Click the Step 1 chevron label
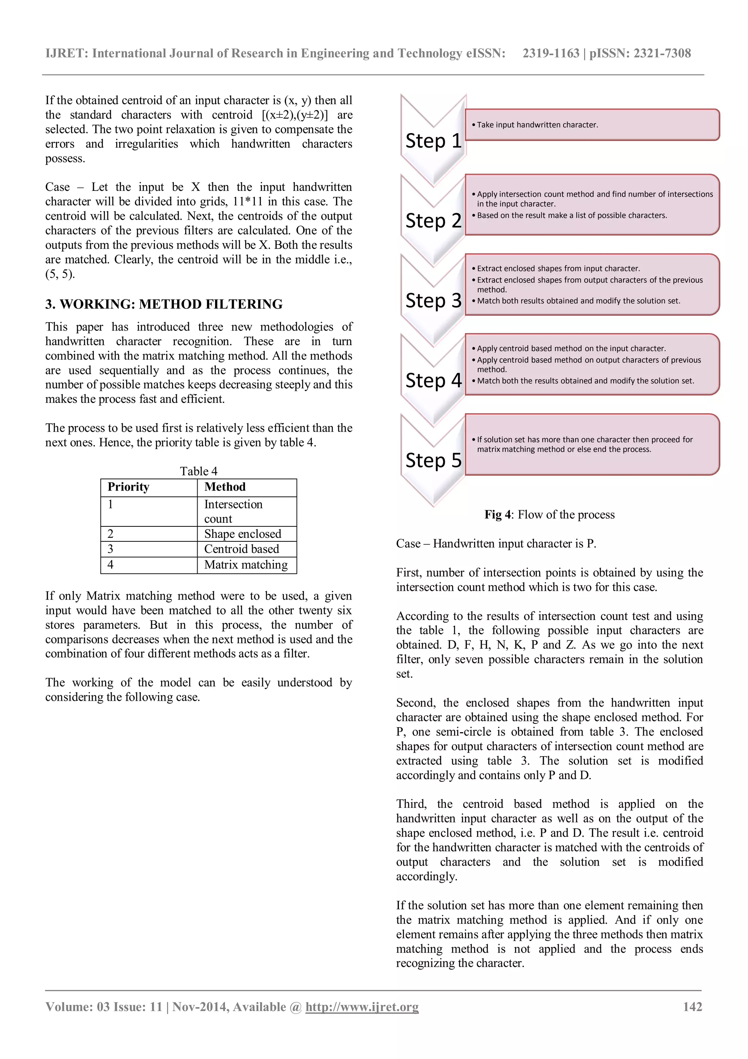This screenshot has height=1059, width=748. (433, 141)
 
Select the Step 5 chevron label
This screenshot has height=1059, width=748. (433, 460)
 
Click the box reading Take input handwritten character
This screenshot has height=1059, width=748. (592, 125)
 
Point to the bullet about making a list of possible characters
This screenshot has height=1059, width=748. (572, 215)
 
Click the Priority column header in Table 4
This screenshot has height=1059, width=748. (129, 487)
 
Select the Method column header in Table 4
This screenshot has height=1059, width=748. (225, 487)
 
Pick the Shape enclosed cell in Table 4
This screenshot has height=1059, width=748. (243, 534)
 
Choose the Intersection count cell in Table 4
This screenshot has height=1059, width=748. (233, 511)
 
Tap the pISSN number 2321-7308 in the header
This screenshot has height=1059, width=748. (662, 53)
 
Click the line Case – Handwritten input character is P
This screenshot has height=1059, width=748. (496, 544)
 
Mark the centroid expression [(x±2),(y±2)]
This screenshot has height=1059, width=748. (294, 115)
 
